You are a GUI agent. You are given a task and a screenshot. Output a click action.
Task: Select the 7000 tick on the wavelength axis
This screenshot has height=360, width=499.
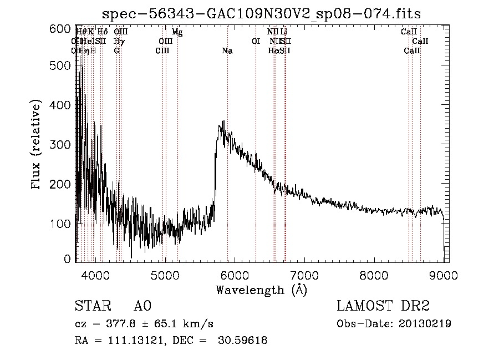click(304, 274)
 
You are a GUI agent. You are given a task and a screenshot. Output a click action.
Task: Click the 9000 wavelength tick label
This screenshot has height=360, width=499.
click(444, 274)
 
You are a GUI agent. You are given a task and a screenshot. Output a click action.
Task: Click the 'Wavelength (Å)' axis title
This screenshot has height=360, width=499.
click(261, 289)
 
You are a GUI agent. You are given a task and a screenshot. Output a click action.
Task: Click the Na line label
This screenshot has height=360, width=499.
click(227, 51)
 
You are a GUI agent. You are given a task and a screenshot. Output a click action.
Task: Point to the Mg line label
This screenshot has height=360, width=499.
click(177, 32)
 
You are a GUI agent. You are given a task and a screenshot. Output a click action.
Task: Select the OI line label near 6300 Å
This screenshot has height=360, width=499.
click(256, 42)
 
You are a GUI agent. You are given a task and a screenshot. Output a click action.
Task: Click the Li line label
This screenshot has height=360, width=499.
click(284, 32)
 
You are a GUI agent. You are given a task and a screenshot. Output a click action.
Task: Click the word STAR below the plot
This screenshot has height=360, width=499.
click(91, 306)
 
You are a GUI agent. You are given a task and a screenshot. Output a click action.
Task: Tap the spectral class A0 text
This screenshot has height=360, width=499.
click(142, 306)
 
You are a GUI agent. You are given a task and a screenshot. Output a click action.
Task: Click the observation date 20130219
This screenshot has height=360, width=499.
click(425, 324)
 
